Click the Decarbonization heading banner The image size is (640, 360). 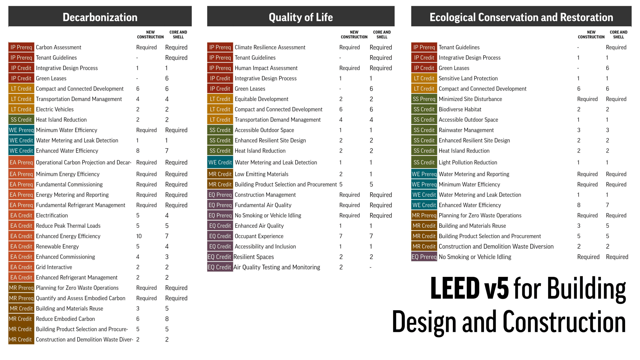click(x=100, y=17)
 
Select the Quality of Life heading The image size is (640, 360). click(x=301, y=17)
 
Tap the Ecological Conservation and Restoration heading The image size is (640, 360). click(x=521, y=17)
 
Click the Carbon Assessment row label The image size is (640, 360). click(x=58, y=47)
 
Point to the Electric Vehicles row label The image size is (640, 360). click(x=55, y=109)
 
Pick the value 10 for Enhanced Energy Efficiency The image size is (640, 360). click(x=139, y=236)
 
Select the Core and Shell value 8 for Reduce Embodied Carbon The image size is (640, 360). click(x=167, y=319)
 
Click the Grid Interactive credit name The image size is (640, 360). click(x=54, y=267)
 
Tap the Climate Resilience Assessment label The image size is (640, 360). click(x=270, y=47)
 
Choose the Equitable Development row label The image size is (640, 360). click(x=262, y=99)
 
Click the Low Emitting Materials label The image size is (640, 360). click(x=261, y=174)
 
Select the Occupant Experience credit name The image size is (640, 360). click(x=259, y=236)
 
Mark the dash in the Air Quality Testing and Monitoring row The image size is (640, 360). click(x=371, y=267)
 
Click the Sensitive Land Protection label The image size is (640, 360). click(x=468, y=78)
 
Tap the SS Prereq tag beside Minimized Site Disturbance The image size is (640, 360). click(x=424, y=99)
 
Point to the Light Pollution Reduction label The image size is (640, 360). click(x=467, y=162)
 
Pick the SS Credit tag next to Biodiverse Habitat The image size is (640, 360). click(x=424, y=109)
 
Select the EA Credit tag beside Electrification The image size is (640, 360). click(x=21, y=215)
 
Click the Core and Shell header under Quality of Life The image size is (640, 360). click(x=382, y=34)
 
